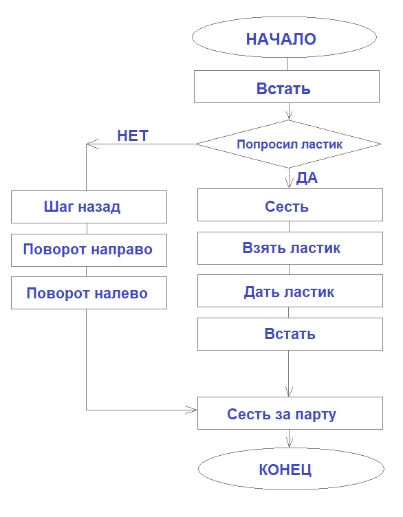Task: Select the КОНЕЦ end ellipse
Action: click(x=285, y=470)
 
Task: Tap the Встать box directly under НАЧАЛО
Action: click(x=287, y=89)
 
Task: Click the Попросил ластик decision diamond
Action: click(x=289, y=144)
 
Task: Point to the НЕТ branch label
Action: click(x=133, y=135)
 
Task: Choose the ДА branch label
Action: click(x=307, y=179)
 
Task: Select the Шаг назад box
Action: click(x=89, y=207)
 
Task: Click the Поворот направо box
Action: click(x=89, y=250)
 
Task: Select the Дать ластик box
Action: click(x=290, y=291)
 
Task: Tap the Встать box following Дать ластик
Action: click(x=290, y=334)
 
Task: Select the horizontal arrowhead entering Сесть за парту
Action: click(x=192, y=410)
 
